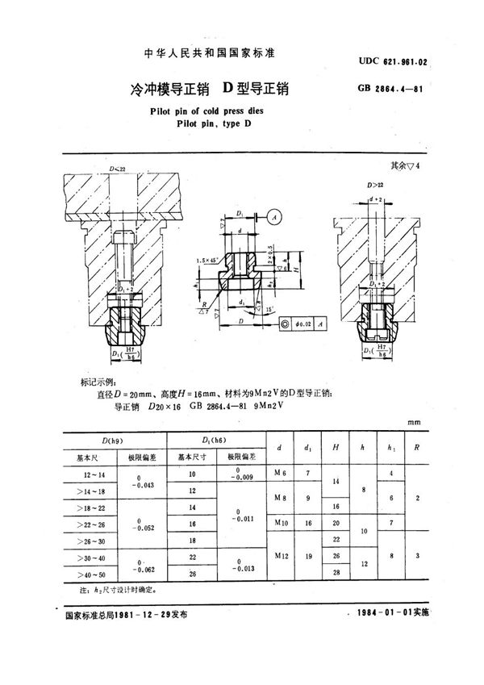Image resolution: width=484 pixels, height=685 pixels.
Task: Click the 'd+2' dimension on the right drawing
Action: (376, 198)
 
